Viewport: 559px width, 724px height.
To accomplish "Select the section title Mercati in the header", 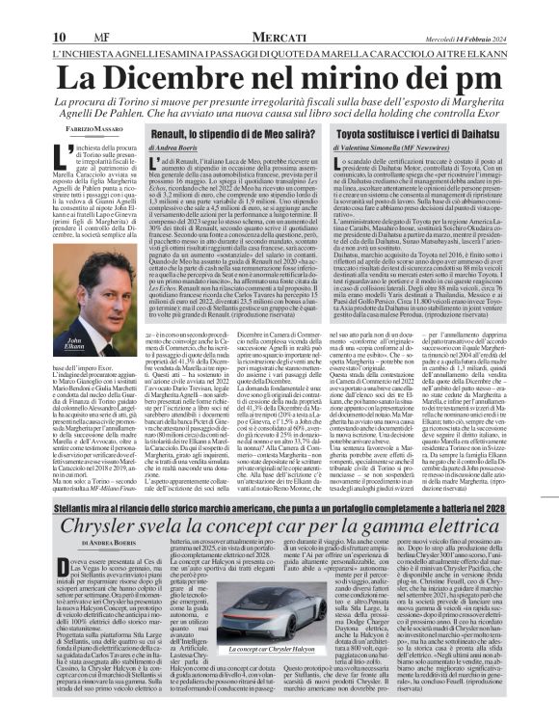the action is point(282,11).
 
